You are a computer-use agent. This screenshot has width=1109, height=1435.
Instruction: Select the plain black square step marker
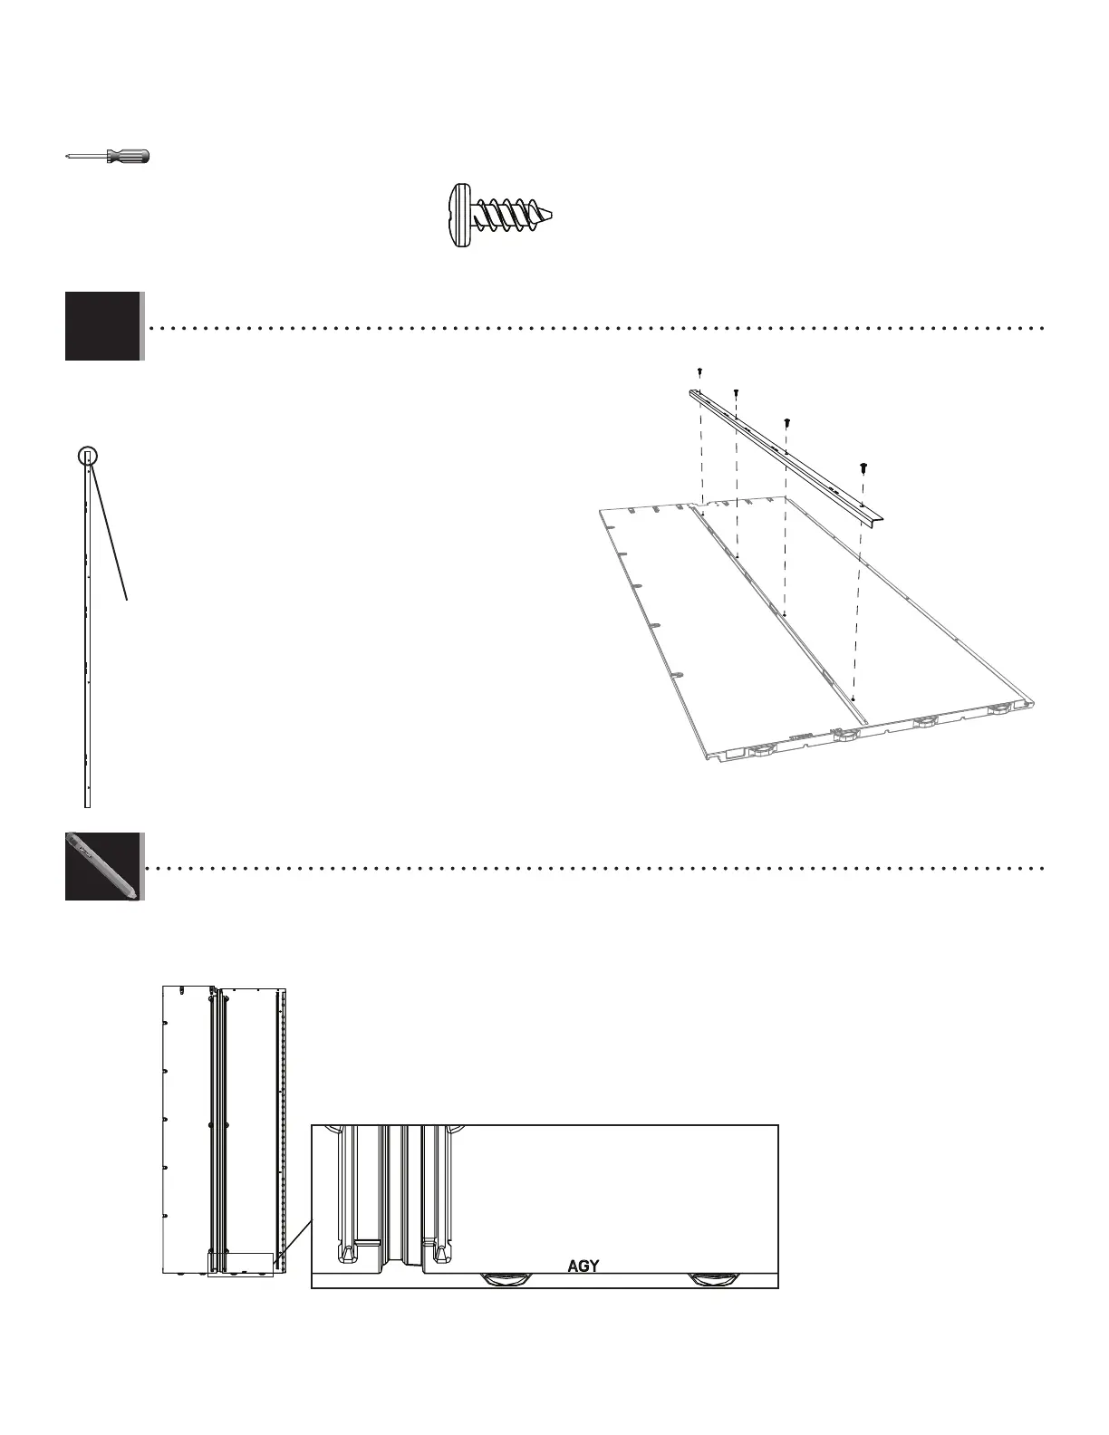click(102, 326)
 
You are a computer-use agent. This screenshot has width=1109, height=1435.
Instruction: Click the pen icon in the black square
click(102, 866)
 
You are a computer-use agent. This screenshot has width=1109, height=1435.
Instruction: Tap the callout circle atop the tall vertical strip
click(87, 456)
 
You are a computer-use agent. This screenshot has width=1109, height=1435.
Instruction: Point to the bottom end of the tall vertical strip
click(87, 804)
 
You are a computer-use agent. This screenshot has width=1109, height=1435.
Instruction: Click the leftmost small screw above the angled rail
click(700, 371)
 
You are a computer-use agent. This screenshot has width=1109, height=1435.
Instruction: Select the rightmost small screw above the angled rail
click(864, 467)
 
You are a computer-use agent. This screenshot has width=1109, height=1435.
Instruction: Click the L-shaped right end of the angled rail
click(877, 517)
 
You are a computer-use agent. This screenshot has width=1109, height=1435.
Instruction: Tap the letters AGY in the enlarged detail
click(583, 1266)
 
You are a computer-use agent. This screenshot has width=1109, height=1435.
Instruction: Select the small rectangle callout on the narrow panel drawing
click(240, 1264)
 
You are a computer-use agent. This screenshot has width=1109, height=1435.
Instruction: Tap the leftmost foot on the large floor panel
click(762, 749)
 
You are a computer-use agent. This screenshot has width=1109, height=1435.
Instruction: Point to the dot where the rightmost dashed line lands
click(853, 698)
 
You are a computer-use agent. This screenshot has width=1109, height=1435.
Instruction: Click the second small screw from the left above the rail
click(737, 392)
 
